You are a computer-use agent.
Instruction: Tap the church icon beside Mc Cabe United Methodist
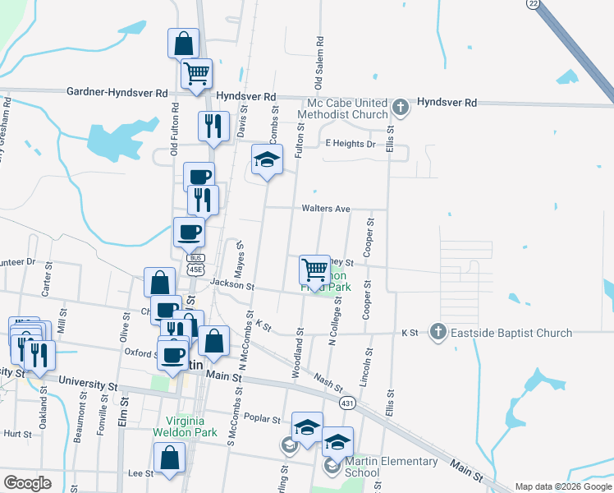point(400,108)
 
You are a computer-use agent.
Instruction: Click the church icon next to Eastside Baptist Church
point(438,333)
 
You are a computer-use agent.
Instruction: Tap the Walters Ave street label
point(326,209)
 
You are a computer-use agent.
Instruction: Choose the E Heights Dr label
point(350,144)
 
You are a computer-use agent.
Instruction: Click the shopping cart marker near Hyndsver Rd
point(197,74)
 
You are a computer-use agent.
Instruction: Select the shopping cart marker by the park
point(314,269)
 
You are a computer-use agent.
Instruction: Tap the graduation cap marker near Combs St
point(267,159)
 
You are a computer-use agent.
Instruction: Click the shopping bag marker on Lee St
point(169,458)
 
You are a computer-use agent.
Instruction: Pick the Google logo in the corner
point(27,483)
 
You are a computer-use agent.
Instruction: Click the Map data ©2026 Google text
point(563,486)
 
